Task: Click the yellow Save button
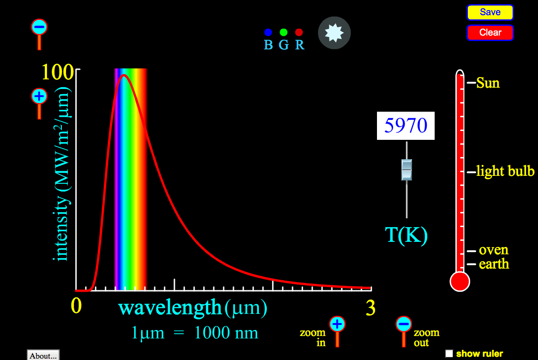click(490, 12)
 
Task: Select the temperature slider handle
click(406, 170)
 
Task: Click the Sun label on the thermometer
click(488, 83)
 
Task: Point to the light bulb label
click(505, 172)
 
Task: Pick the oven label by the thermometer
click(493, 250)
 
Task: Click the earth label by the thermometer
click(494, 264)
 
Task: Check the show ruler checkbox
click(449, 354)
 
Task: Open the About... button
click(43, 355)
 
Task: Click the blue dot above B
click(268, 32)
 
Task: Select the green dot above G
click(284, 32)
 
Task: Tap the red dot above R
click(299, 32)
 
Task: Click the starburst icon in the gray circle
click(335, 32)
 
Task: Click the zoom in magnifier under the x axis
click(337, 324)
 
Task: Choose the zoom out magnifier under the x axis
click(404, 324)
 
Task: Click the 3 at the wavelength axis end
click(371, 308)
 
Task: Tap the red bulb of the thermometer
click(460, 281)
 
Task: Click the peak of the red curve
click(124, 75)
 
